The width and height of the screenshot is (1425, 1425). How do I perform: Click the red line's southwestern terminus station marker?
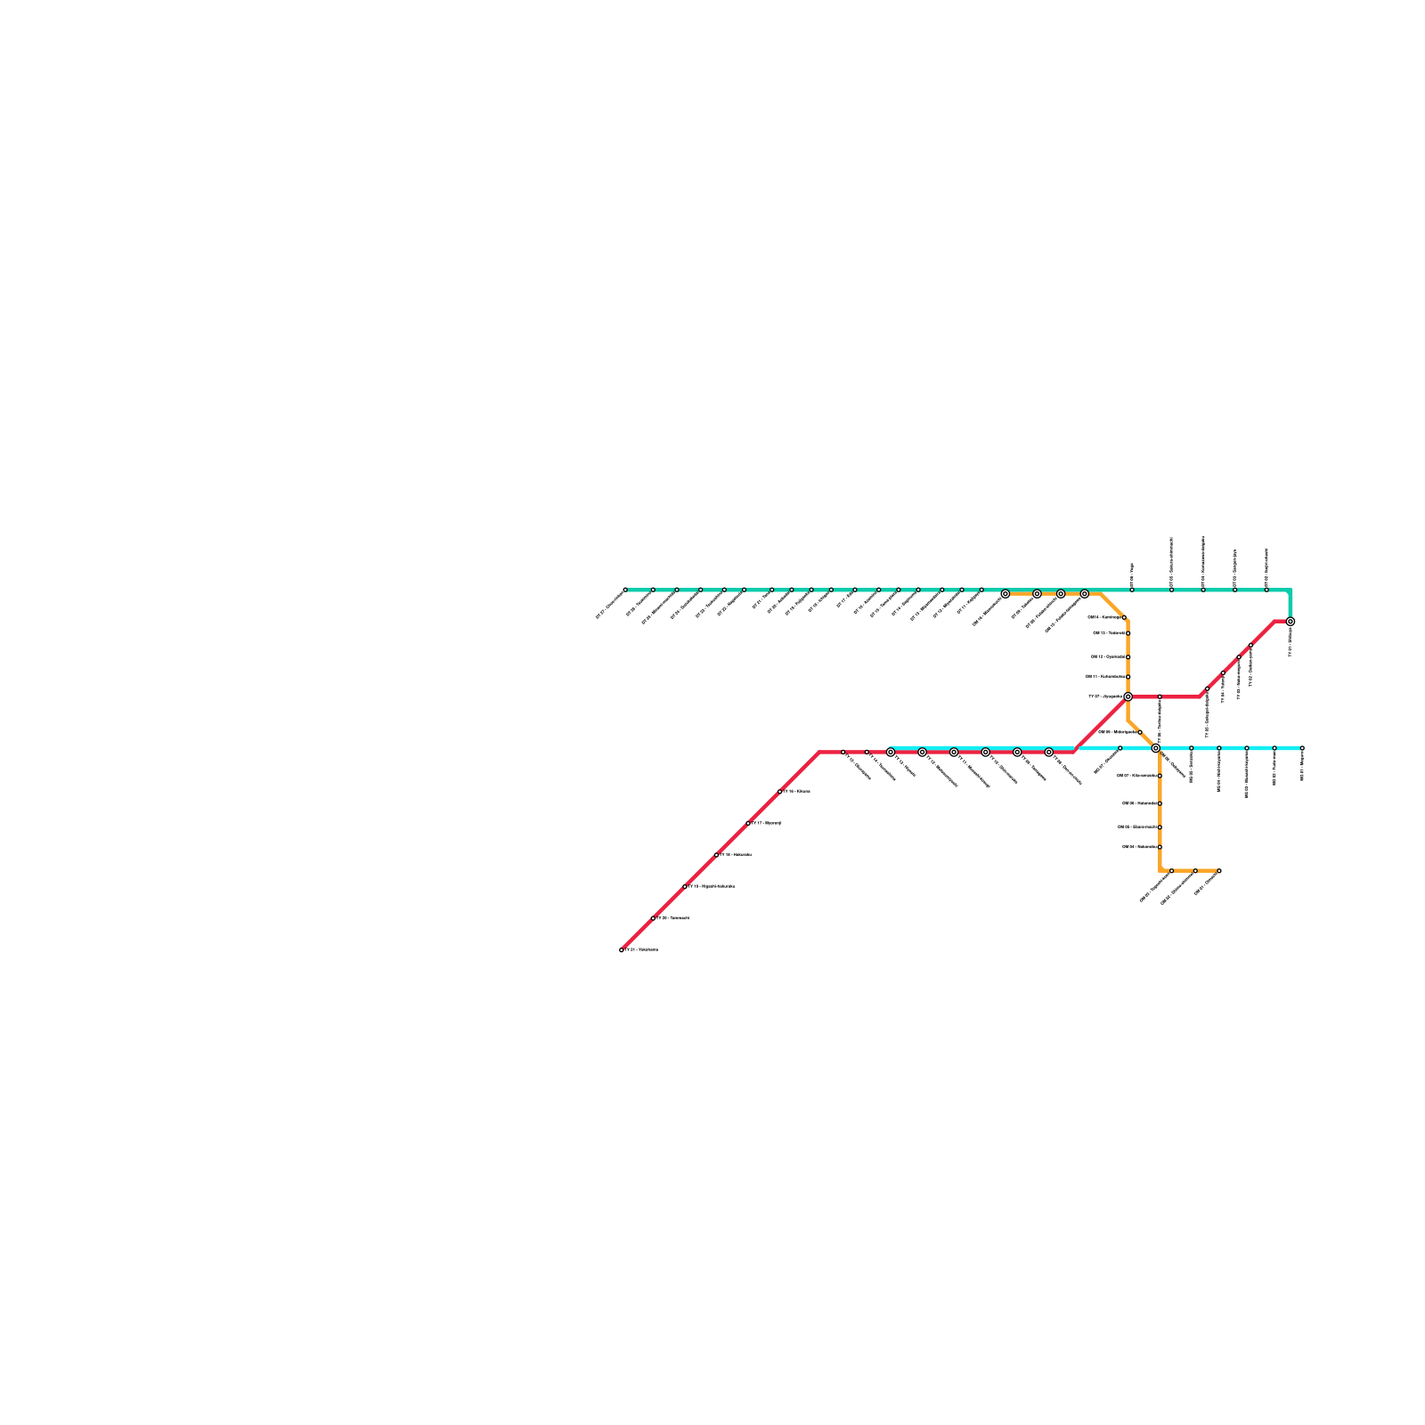point(622,950)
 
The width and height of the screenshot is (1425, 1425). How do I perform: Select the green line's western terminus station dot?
point(625,590)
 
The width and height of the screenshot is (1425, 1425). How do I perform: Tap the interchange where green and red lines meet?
point(1290,622)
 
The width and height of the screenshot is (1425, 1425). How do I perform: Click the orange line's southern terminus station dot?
point(1219,871)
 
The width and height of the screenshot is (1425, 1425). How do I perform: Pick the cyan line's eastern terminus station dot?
point(1302,748)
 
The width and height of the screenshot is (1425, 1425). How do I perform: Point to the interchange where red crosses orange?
point(1128,696)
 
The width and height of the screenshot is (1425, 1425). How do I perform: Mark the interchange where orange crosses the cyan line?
point(1156,748)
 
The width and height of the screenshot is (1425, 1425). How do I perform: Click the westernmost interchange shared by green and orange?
point(1006,594)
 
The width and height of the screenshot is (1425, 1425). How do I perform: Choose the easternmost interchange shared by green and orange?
point(1085,594)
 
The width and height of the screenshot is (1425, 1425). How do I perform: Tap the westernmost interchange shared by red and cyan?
point(891,753)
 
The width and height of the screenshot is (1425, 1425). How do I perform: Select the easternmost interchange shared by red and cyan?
point(1049,753)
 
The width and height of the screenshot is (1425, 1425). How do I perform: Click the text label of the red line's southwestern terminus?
point(642,950)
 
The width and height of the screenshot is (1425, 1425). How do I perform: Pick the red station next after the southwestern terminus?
point(653,918)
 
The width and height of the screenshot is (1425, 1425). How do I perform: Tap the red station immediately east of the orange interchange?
point(1160,696)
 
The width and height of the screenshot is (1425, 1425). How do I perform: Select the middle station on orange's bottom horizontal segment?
point(1195,871)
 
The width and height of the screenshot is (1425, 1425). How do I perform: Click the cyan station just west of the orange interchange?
point(1120,748)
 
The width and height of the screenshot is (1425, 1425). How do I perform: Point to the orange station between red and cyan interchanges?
point(1140,732)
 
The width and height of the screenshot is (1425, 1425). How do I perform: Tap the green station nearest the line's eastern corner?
point(1266,590)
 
